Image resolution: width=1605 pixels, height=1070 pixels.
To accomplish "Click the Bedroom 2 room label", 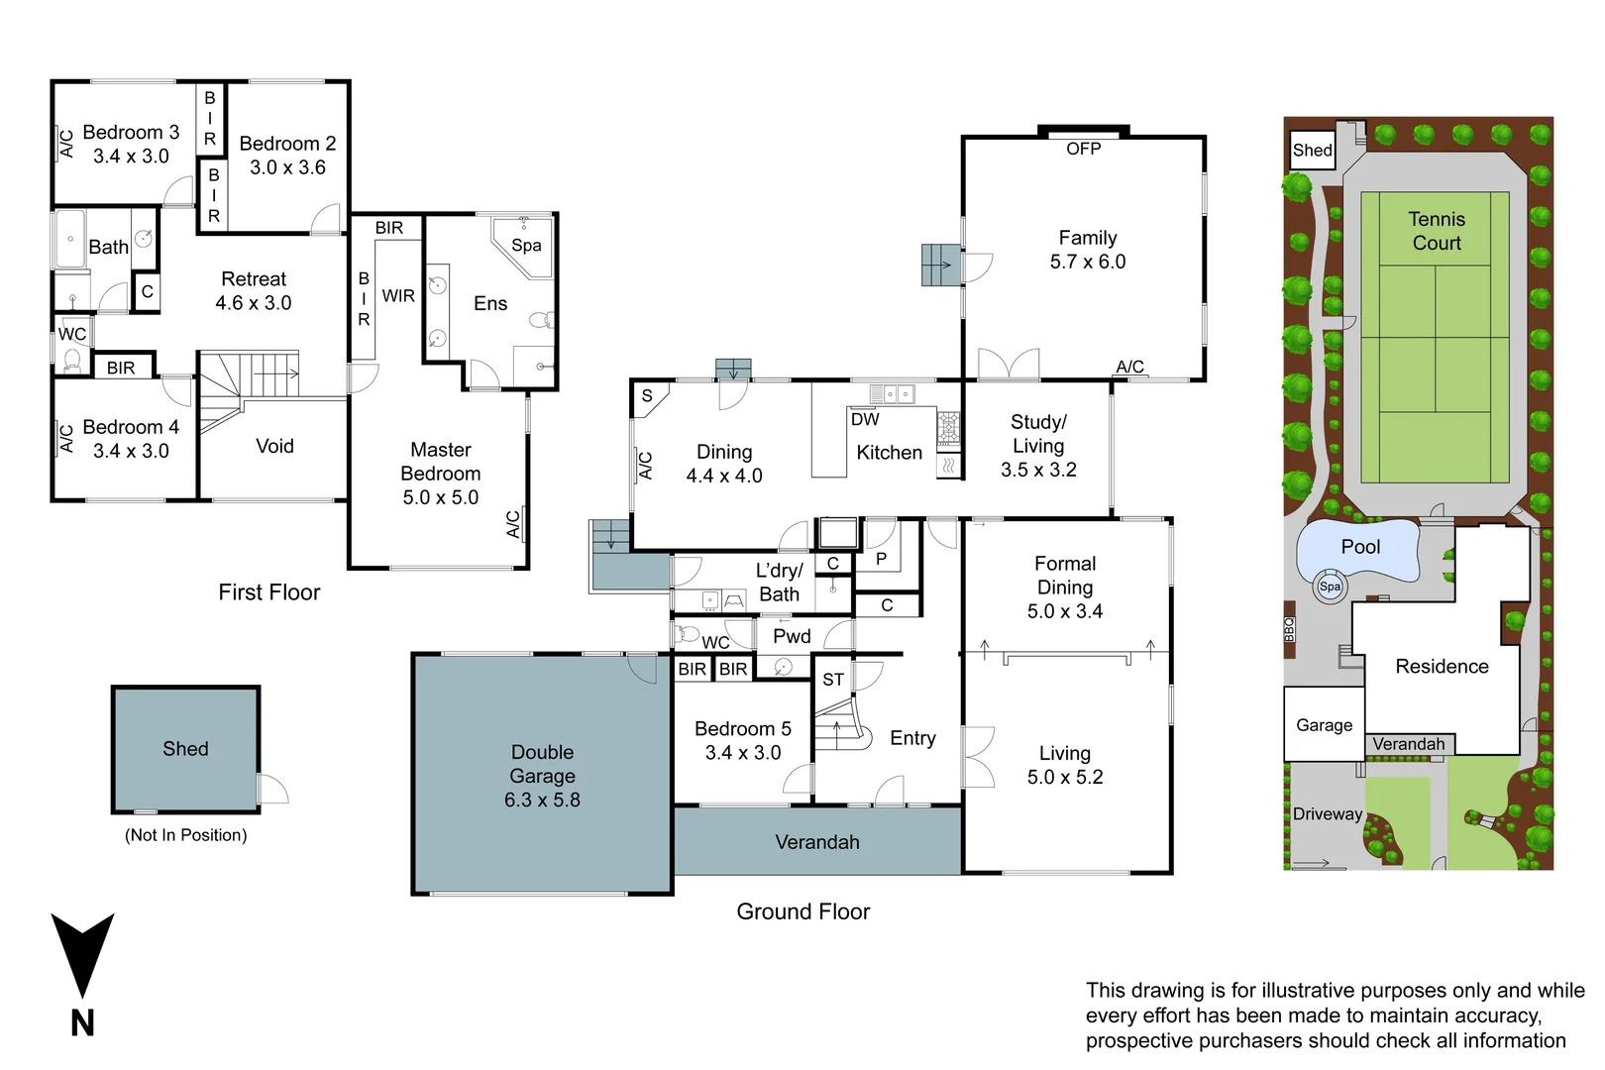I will pos(287,144).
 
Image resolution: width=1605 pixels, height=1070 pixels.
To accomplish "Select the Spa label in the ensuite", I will pos(526,246).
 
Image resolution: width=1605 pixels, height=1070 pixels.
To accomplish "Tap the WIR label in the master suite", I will pos(398,296).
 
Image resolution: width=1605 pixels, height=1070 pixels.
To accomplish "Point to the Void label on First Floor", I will pos(274,446).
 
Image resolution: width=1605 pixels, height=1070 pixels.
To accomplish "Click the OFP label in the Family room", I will pos(1083,149).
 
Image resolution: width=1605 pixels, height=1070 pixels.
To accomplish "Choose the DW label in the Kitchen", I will pos(864,419).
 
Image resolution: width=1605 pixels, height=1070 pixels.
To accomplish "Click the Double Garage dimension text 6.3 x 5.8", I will pos(542,801).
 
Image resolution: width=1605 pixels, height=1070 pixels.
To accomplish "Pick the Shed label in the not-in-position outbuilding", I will pos(185,749).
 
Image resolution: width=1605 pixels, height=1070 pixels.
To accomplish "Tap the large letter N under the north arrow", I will pos(82,1023).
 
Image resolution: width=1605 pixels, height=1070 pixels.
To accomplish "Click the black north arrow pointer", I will pos(82,951).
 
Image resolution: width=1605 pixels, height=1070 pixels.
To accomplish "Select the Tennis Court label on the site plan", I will pos(1437,231).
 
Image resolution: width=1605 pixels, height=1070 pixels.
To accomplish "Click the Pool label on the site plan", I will pos(1360,547).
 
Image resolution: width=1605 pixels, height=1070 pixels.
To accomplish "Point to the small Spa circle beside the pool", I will pos(1330,587).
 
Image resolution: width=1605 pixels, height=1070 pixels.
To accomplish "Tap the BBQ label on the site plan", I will pos(1289,629).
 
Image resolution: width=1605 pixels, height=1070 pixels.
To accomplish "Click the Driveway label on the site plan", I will pos(1327,814).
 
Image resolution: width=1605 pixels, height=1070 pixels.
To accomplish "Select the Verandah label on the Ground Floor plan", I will pos(816,842).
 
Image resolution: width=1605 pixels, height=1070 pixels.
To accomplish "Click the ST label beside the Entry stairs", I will pos(833,680).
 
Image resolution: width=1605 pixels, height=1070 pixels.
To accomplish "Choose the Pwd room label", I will pos(792,636).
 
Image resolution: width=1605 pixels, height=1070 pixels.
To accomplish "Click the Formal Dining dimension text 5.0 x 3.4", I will pos(1064,611).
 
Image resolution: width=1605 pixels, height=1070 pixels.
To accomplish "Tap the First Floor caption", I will pos(269,592).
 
